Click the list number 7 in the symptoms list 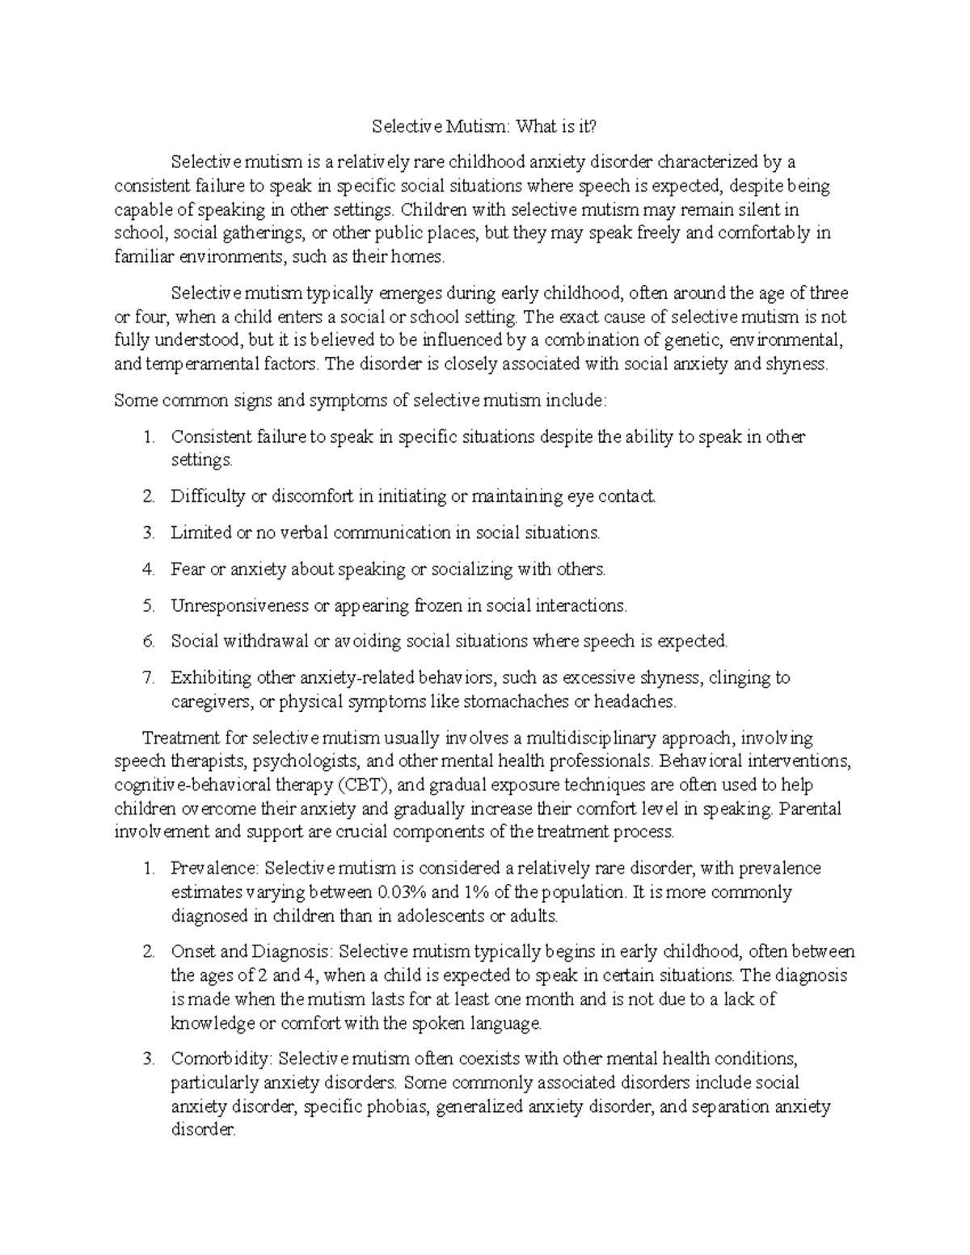pyautogui.click(x=147, y=678)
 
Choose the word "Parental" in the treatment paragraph pyautogui.click(x=812, y=808)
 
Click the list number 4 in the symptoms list pyautogui.click(x=147, y=570)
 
